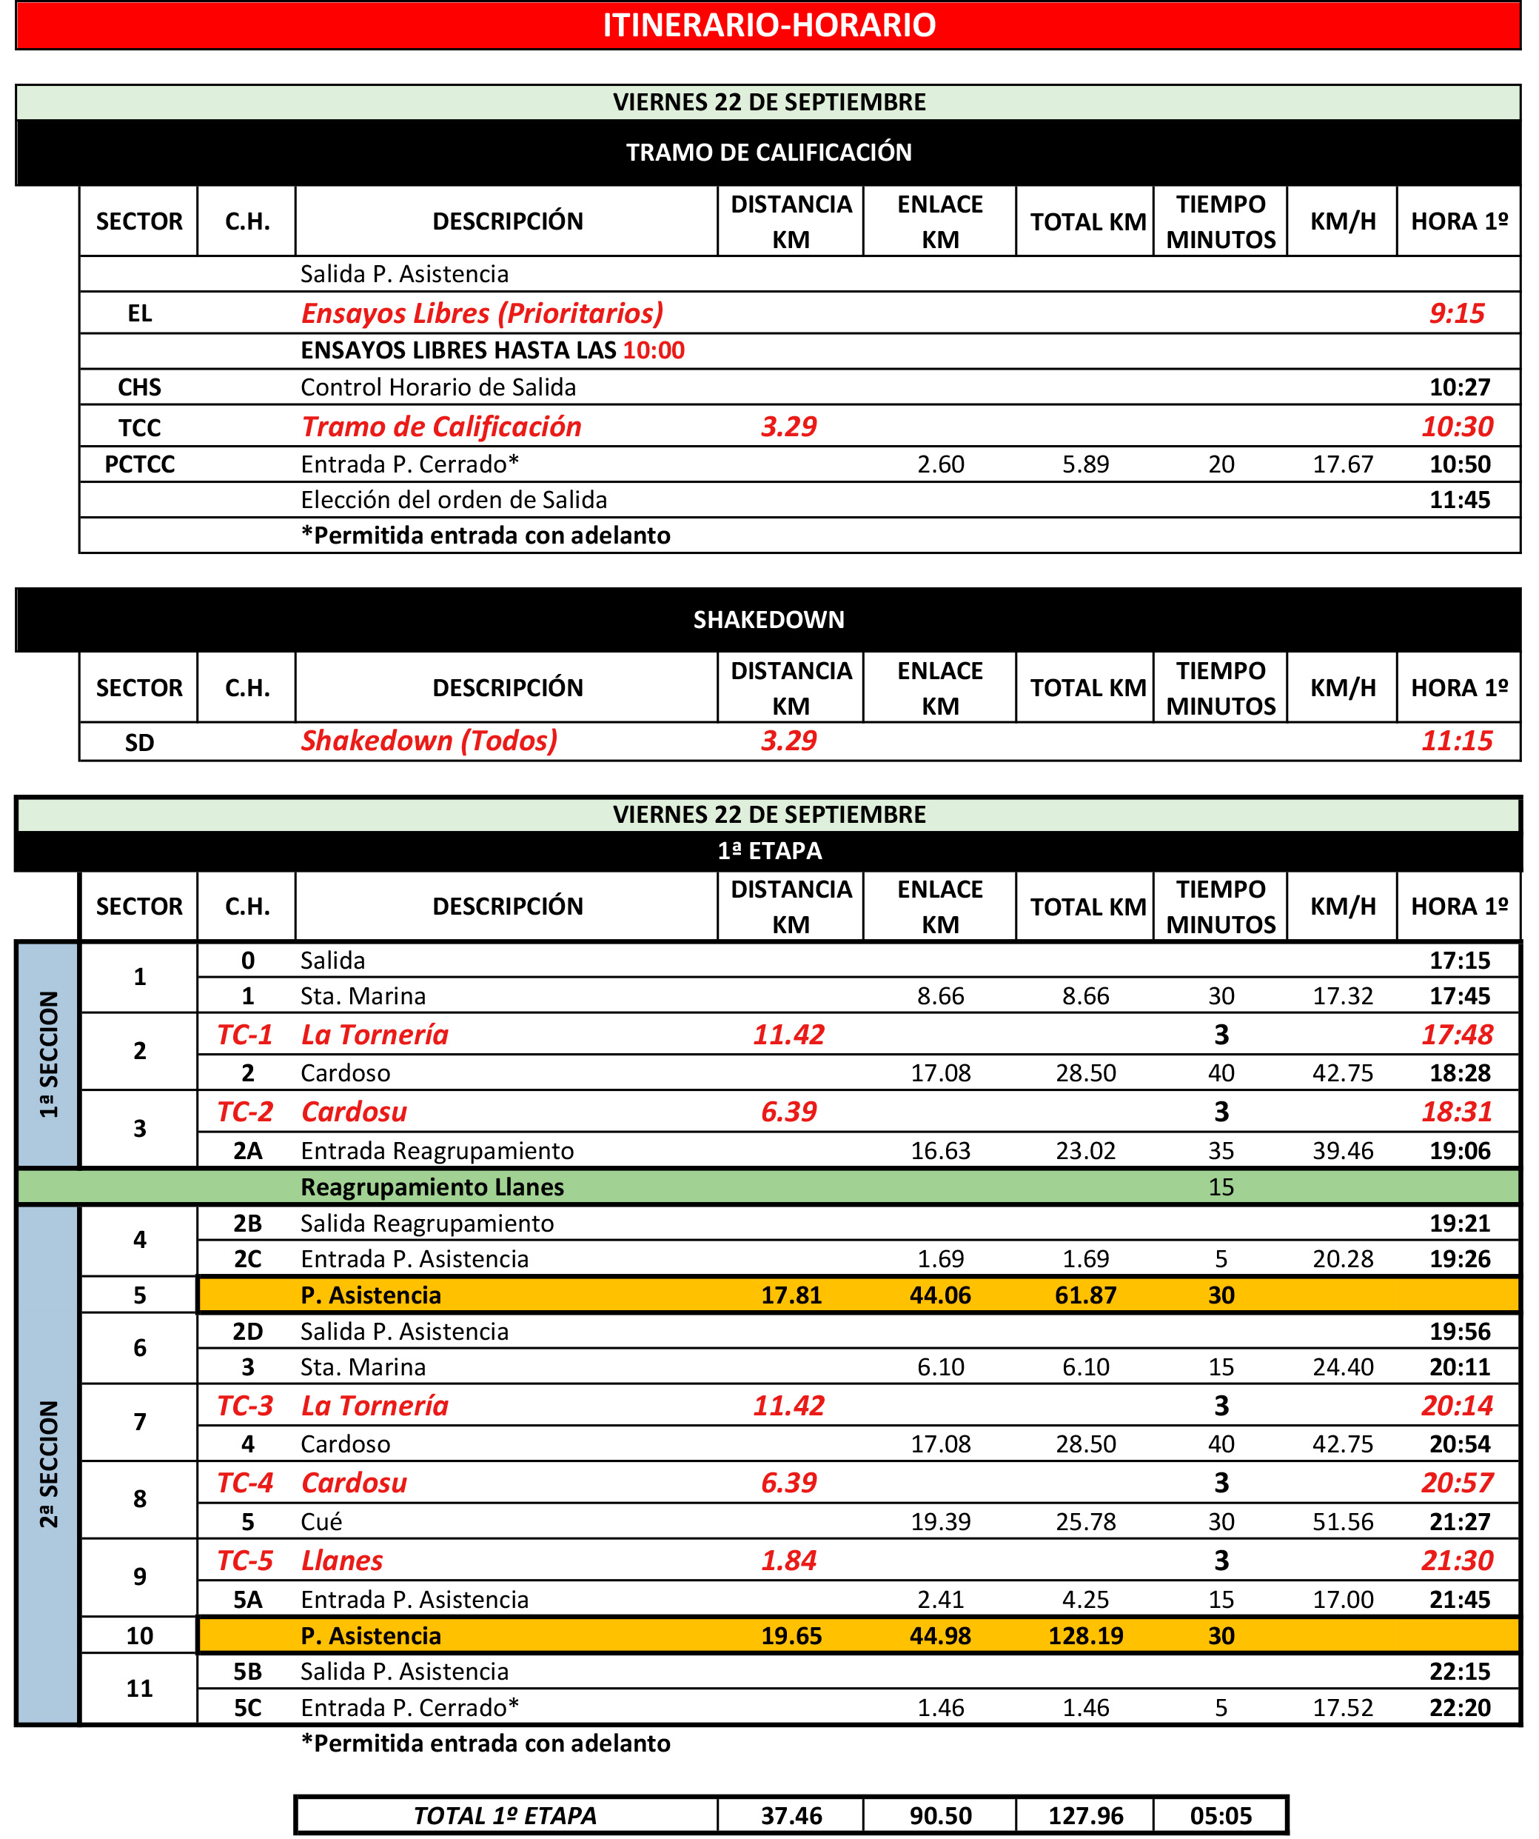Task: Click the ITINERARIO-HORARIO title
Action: pos(768,24)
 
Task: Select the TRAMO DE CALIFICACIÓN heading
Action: pos(768,153)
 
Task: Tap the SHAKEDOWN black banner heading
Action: pos(768,620)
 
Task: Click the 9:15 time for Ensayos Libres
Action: pos(1457,313)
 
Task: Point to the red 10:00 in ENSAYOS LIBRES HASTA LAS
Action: pos(654,350)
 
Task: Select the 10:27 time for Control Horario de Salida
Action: pos(1459,387)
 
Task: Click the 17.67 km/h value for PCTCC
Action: pos(1343,464)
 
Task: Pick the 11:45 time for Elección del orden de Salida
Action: pos(1459,500)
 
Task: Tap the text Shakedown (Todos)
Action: pos(429,741)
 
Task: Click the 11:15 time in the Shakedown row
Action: pos(1457,741)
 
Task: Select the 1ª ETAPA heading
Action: pos(768,850)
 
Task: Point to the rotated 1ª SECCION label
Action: pos(49,1055)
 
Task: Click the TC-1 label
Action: pos(245,1035)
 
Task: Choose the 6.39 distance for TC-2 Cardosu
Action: pos(789,1112)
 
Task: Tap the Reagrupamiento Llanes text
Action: pos(432,1187)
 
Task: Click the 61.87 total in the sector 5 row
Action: pos(1085,1295)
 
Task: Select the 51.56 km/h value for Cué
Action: pos(1343,1522)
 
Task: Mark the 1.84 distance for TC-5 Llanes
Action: pos(789,1561)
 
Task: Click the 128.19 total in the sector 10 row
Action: pos(1085,1636)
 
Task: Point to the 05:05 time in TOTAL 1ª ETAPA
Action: pos(1221,1816)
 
